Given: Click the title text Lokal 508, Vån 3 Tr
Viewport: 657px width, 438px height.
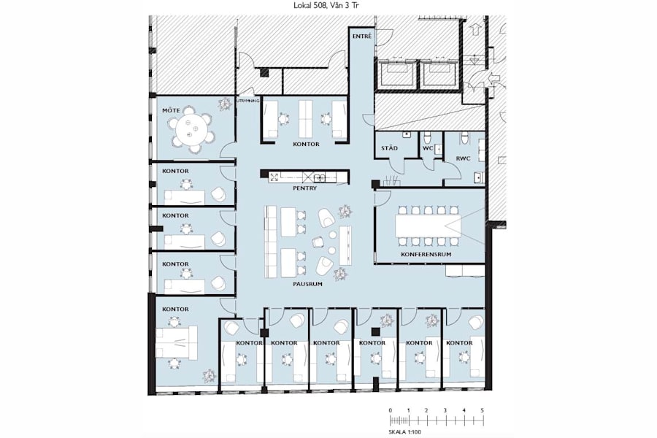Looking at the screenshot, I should [328, 5].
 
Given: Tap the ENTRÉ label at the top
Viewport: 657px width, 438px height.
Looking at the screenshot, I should [361, 36].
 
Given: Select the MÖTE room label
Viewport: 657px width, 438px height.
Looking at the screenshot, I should [171, 110].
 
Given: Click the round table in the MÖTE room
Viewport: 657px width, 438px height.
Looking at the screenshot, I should [192, 130].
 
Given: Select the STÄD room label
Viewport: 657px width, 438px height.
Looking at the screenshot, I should [390, 149].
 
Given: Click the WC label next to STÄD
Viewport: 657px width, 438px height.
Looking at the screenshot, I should [429, 149].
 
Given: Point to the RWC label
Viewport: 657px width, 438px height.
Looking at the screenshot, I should [463, 158].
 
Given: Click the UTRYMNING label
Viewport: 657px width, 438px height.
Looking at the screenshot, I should [246, 101].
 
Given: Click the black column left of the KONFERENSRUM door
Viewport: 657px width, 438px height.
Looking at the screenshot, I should [374, 184].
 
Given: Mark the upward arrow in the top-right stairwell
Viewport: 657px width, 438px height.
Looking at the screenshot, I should [474, 31].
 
